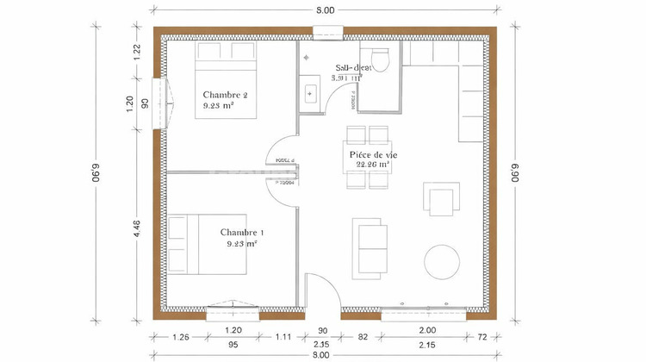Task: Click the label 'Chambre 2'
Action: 226,94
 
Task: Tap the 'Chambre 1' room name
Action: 242,232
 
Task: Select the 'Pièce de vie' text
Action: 374,156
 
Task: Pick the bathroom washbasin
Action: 309,90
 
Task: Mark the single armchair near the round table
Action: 439,200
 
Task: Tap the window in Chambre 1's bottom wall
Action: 233,309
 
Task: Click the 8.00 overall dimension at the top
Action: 324,9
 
